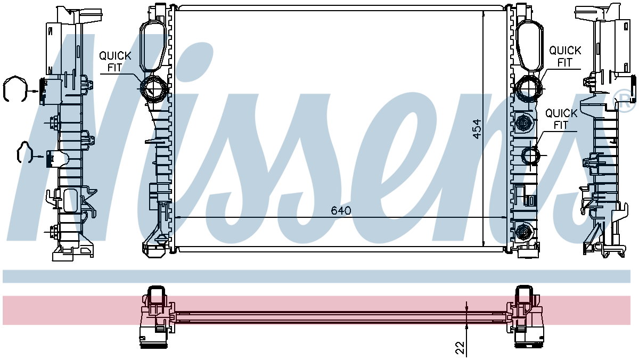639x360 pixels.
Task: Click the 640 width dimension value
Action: coord(341,210)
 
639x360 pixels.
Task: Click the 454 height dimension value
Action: coord(477,129)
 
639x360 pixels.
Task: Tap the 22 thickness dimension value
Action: coord(460,348)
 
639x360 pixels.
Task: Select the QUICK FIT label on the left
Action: coord(115,62)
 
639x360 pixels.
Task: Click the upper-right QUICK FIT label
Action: coord(565,56)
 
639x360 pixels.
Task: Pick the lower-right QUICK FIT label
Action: coord(561,119)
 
